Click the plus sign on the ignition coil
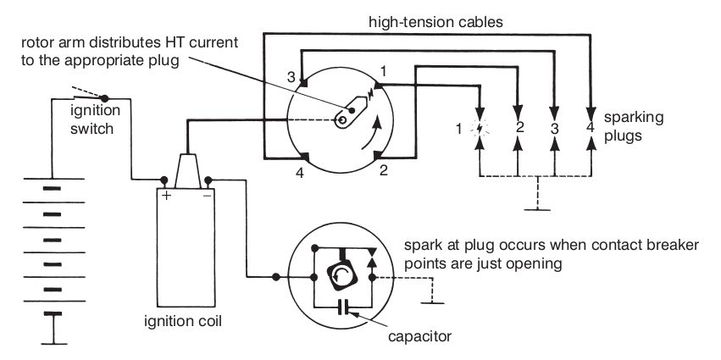pos(167,195)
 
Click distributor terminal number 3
pos(291,76)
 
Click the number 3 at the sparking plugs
pos(554,129)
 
